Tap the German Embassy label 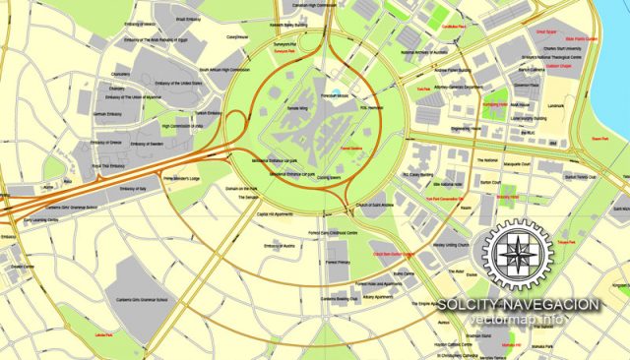[x=105, y=113]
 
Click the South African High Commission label [x=224, y=70]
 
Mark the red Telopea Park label [x=565, y=240]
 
